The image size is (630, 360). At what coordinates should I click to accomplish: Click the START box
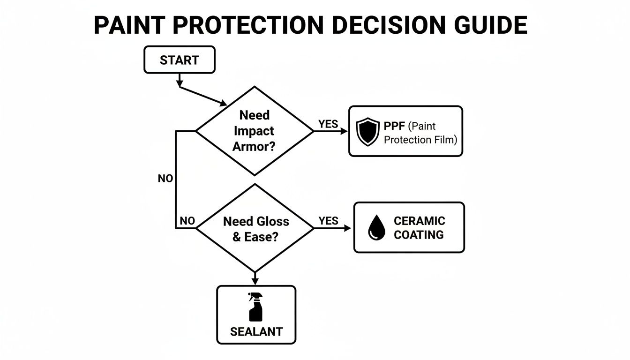[x=179, y=60]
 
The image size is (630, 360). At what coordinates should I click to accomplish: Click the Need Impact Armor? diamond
[x=254, y=131]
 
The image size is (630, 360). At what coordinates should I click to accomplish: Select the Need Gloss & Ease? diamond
[x=255, y=228]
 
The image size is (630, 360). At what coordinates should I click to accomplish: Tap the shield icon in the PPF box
[x=367, y=131]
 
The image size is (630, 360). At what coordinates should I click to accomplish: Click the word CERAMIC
[x=419, y=221]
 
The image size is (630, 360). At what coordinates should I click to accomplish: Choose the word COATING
[x=419, y=235]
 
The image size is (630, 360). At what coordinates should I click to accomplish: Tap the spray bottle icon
[x=256, y=307]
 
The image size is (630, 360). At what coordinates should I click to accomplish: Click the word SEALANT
[x=256, y=332]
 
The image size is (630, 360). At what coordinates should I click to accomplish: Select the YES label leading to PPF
[x=328, y=124]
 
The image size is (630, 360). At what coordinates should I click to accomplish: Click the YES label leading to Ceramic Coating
[x=328, y=221]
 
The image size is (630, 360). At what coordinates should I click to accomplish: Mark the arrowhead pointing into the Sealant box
[x=255, y=280]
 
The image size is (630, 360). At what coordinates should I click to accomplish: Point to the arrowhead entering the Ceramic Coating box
[x=347, y=228]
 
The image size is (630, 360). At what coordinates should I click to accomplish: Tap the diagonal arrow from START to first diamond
[x=202, y=95]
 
